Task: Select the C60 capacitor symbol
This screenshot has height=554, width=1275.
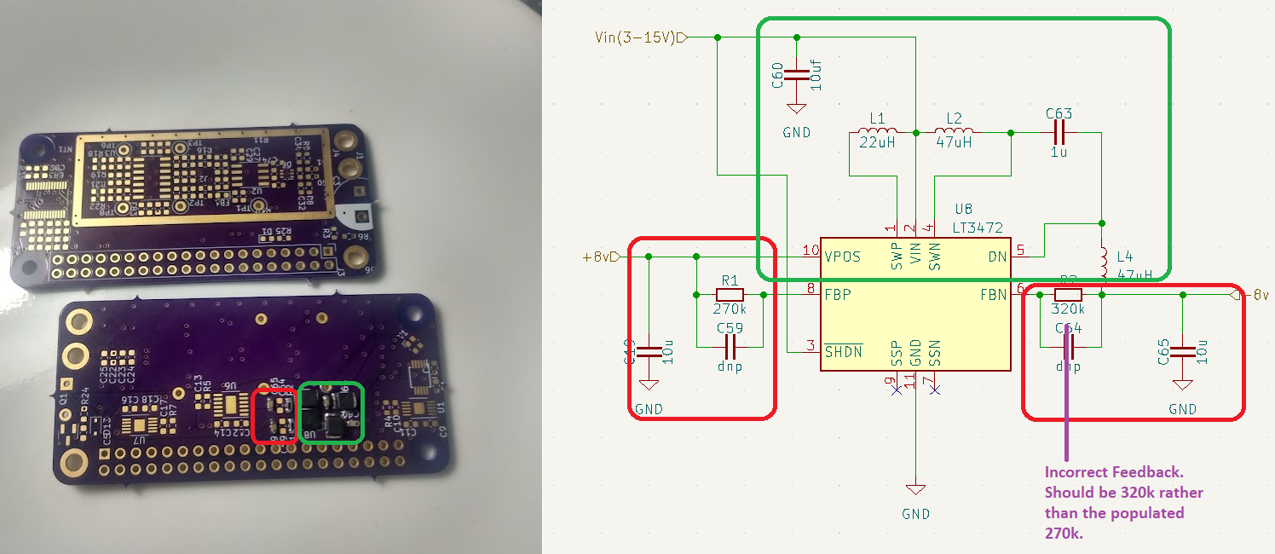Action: click(x=796, y=75)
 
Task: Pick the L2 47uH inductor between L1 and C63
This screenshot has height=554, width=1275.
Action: click(x=955, y=133)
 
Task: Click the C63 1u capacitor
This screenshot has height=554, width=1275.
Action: click(x=1059, y=133)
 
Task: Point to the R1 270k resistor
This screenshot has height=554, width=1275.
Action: click(x=730, y=295)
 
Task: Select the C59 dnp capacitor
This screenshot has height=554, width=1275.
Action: click(x=730, y=347)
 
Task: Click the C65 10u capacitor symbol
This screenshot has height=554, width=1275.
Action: click(x=1182, y=352)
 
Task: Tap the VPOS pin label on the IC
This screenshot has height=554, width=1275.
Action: click(x=843, y=257)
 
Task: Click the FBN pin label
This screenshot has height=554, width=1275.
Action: click(x=993, y=295)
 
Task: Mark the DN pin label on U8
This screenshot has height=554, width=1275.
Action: click(x=998, y=257)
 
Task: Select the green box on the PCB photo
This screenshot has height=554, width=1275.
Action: click(x=332, y=413)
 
